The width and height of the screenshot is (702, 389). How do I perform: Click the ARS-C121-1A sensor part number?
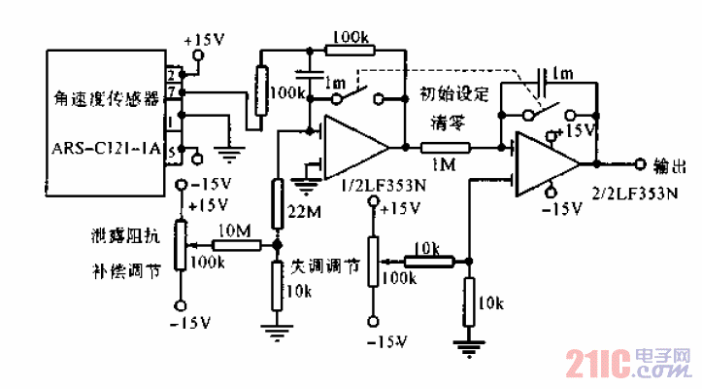tap(107, 151)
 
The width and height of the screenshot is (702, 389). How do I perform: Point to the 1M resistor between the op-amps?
tap(446, 148)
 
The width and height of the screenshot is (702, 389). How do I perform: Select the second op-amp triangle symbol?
tap(549, 161)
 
